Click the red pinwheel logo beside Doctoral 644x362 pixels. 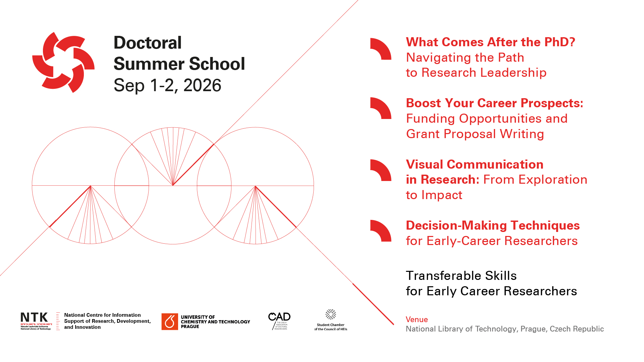click(x=63, y=62)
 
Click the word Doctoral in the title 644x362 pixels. click(x=148, y=43)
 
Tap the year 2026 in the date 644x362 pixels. click(x=202, y=85)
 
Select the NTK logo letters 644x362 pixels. click(x=34, y=317)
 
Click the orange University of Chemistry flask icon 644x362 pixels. click(x=170, y=322)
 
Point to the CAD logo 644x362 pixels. click(x=279, y=317)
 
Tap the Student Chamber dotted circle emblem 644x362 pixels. click(x=331, y=314)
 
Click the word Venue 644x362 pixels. click(x=417, y=319)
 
